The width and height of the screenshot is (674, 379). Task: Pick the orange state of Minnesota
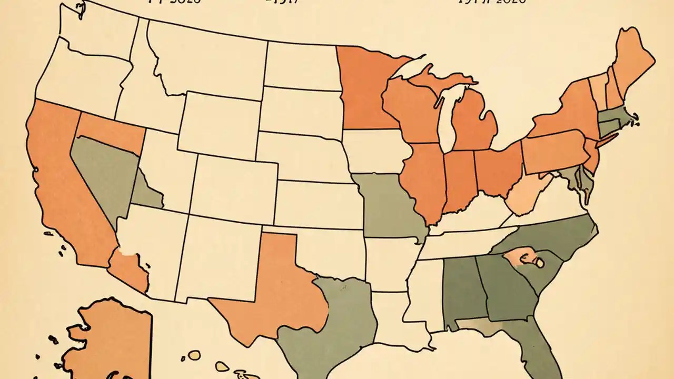[x=363, y=89]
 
